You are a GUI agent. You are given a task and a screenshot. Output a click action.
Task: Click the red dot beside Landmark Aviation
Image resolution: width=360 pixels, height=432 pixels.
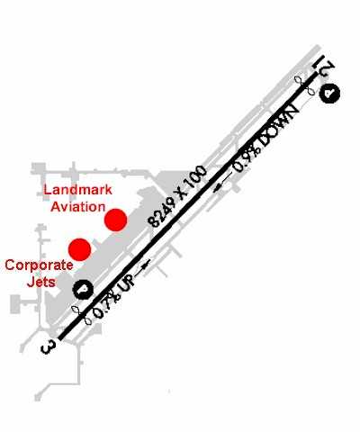coord(115,220)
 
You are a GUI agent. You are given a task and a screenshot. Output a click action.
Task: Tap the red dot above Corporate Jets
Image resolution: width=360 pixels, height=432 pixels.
coord(79,249)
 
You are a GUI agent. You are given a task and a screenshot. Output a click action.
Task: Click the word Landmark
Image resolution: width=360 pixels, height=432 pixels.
coord(77,190)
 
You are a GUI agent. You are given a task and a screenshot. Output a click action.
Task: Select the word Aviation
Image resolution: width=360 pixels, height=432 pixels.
coord(78,207)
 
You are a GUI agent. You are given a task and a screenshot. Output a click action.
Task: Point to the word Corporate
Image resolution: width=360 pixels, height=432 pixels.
coord(39,265)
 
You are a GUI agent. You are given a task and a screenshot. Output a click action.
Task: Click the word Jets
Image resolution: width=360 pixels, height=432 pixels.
coord(41,282)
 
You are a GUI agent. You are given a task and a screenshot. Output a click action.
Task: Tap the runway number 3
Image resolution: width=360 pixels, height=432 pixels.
coord(48,347)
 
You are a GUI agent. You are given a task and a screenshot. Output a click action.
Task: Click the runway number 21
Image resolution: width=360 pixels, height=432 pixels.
coord(323,67)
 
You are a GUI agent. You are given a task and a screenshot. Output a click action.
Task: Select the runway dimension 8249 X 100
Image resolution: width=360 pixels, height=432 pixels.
coord(177,196)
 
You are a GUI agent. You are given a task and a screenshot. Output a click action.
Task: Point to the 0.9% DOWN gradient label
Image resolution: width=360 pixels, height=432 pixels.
coord(266,139)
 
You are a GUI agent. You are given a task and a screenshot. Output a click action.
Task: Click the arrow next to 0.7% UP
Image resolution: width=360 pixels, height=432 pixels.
coord(142,268)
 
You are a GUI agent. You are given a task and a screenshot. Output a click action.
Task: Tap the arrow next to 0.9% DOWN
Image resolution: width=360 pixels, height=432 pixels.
coord(223,182)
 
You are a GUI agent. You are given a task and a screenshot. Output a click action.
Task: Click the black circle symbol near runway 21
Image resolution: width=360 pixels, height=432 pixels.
coord(329,93)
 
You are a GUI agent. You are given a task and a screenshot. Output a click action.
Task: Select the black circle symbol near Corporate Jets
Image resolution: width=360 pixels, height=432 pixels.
coord(84,290)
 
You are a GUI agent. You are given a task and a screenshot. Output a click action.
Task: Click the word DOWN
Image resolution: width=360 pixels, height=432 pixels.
coord(280,125)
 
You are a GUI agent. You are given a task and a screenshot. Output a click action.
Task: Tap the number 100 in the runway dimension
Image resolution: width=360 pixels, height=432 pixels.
coord(196,178)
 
